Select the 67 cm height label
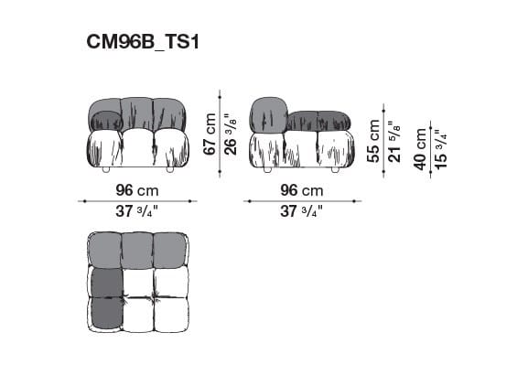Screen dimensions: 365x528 [210, 133]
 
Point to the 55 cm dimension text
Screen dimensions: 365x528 [373, 140]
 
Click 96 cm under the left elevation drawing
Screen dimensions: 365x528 [136, 191]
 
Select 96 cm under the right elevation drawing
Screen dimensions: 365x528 [301, 191]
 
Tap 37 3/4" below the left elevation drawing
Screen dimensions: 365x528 [136, 211]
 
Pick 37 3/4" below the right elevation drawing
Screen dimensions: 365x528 [301, 211]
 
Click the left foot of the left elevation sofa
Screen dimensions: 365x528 [105, 170]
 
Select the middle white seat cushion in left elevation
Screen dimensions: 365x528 [137, 147]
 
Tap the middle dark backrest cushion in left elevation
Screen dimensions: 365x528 [137, 113]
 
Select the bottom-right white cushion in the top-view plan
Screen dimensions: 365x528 [170, 314]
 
